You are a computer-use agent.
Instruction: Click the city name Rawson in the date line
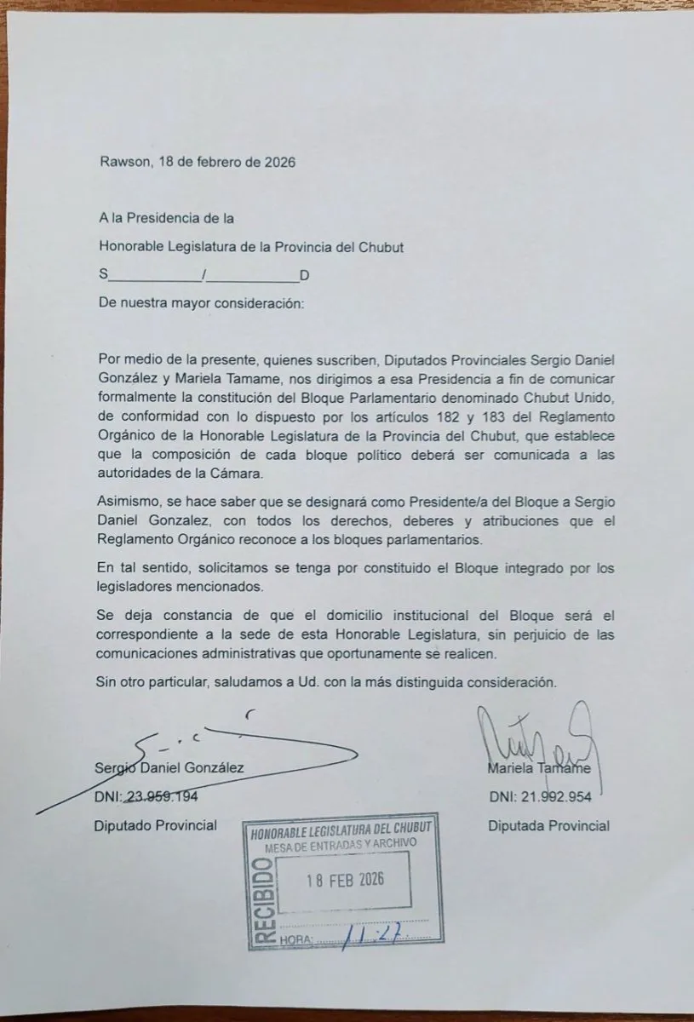123,162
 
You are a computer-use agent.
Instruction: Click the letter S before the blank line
104,275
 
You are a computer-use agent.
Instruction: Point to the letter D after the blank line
304,275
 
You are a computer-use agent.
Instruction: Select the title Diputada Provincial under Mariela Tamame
548,825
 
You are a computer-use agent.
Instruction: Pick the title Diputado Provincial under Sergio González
156,825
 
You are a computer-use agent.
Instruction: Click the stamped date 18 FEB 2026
345,880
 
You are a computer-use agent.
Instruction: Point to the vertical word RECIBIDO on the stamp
264,899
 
